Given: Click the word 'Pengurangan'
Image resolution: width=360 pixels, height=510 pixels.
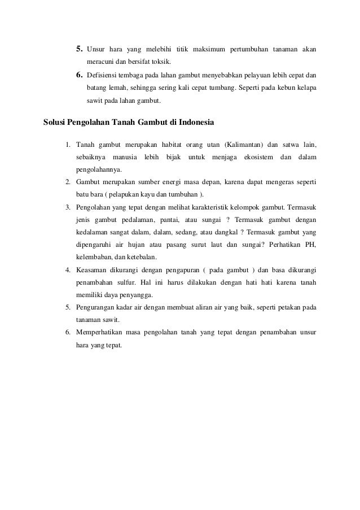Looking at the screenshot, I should click(x=96, y=308).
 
